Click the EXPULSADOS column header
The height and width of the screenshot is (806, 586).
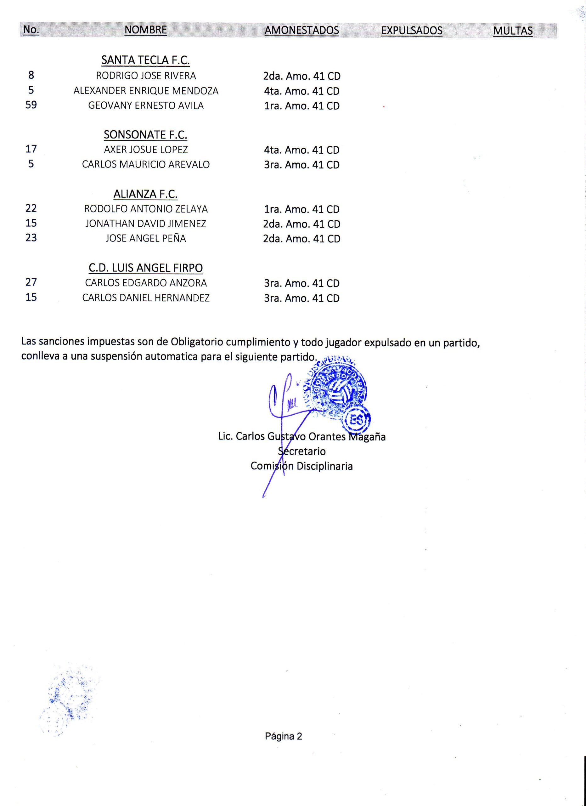[412, 31]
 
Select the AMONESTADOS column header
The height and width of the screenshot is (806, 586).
[301, 31]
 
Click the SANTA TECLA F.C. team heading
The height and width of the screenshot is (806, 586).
[146, 60]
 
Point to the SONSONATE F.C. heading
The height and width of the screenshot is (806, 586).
[146, 135]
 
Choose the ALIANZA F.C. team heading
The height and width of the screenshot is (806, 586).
[146, 194]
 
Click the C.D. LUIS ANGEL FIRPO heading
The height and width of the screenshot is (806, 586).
[146, 268]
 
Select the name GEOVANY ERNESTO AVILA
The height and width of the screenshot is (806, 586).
[146, 105]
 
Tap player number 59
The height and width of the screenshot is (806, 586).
[31, 105]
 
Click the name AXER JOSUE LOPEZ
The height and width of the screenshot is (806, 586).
[146, 150]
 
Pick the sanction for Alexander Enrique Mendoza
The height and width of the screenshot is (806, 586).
[301, 91]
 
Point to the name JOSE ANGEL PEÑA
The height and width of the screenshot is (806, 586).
[146, 238]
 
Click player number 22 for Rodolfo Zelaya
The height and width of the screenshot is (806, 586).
[31, 208]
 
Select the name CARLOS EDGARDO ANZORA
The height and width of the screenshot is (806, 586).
[146, 283]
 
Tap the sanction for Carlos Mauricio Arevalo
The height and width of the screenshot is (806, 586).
[301, 165]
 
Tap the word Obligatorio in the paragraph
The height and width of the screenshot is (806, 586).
[197, 342]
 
